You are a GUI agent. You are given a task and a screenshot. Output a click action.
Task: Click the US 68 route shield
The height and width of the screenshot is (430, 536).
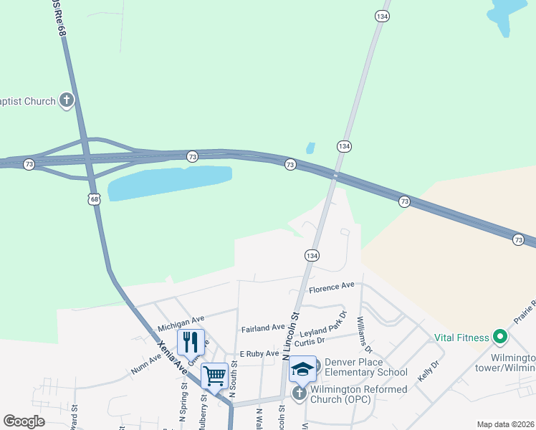click(x=95, y=199)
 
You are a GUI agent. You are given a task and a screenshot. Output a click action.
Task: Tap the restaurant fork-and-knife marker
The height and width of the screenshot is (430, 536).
click(x=191, y=342)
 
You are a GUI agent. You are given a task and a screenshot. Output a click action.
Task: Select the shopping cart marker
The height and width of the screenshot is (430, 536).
click(x=214, y=375)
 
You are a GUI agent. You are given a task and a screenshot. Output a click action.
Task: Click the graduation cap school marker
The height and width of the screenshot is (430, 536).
click(x=302, y=369)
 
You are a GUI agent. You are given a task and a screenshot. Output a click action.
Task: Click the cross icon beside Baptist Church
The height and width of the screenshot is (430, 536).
click(x=67, y=100)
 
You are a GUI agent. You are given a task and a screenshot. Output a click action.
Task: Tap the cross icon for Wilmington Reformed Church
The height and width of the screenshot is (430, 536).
click(x=298, y=393)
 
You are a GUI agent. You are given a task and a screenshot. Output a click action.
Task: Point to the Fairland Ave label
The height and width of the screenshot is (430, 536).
click(x=263, y=328)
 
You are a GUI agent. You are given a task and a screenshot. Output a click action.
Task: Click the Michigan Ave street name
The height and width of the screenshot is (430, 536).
click(x=181, y=317)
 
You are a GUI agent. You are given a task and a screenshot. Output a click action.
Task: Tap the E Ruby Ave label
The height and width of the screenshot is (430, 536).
click(x=259, y=354)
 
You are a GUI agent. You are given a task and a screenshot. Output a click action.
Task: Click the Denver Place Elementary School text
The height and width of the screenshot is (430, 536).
click(x=365, y=367)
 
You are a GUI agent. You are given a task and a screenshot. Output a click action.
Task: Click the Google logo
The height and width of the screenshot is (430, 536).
click(x=24, y=421)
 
